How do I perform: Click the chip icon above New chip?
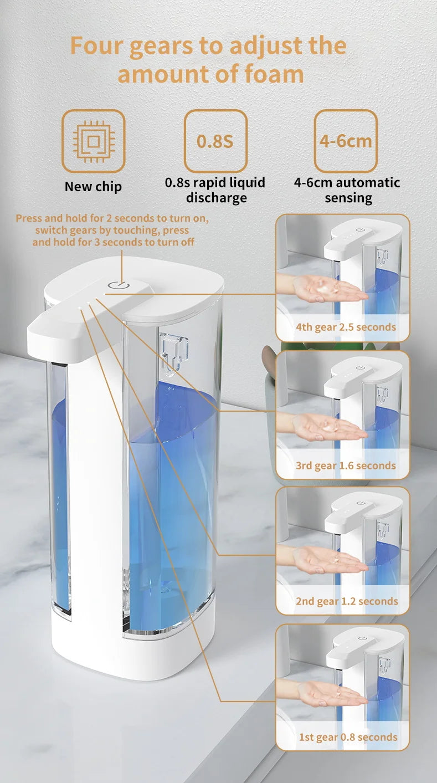point(93,141)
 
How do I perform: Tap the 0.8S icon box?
point(215,141)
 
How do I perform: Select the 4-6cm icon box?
point(346,141)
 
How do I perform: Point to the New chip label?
point(93,187)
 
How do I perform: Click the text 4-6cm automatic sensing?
point(347,190)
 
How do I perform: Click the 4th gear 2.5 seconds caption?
point(346,327)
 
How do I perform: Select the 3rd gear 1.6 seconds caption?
point(346,465)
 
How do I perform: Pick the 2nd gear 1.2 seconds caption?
point(346,601)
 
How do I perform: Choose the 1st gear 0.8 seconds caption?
point(348,737)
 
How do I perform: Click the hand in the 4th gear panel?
point(327,289)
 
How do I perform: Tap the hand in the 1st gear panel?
point(330,693)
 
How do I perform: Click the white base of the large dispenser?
point(133,648)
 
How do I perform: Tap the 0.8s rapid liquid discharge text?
point(215,190)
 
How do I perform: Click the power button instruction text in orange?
point(112,230)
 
